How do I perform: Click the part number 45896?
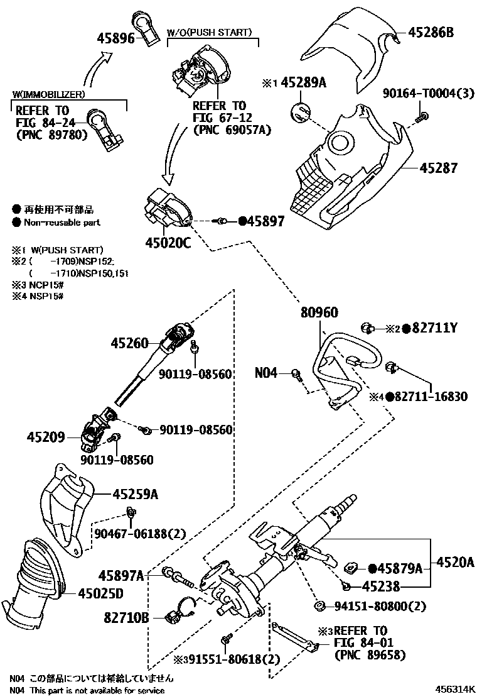click(x=116, y=38)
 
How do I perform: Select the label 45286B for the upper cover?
click(x=431, y=31)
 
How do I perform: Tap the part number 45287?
click(x=439, y=168)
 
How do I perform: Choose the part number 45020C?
click(x=166, y=242)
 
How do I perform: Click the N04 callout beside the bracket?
click(x=265, y=373)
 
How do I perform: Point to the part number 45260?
click(x=130, y=343)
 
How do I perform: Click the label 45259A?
click(x=135, y=495)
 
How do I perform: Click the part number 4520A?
click(x=455, y=561)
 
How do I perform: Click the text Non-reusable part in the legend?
click(x=62, y=223)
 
